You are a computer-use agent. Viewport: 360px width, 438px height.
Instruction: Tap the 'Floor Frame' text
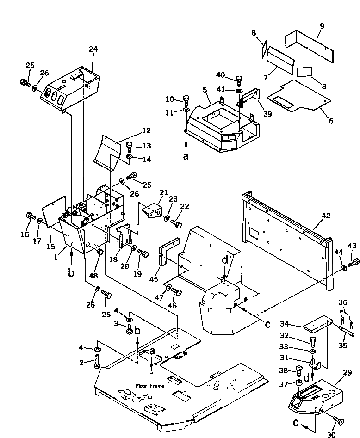pyautogui.click(x=149, y=385)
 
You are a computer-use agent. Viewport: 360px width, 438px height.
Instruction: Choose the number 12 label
pyautogui.click(x=133, y=131)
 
